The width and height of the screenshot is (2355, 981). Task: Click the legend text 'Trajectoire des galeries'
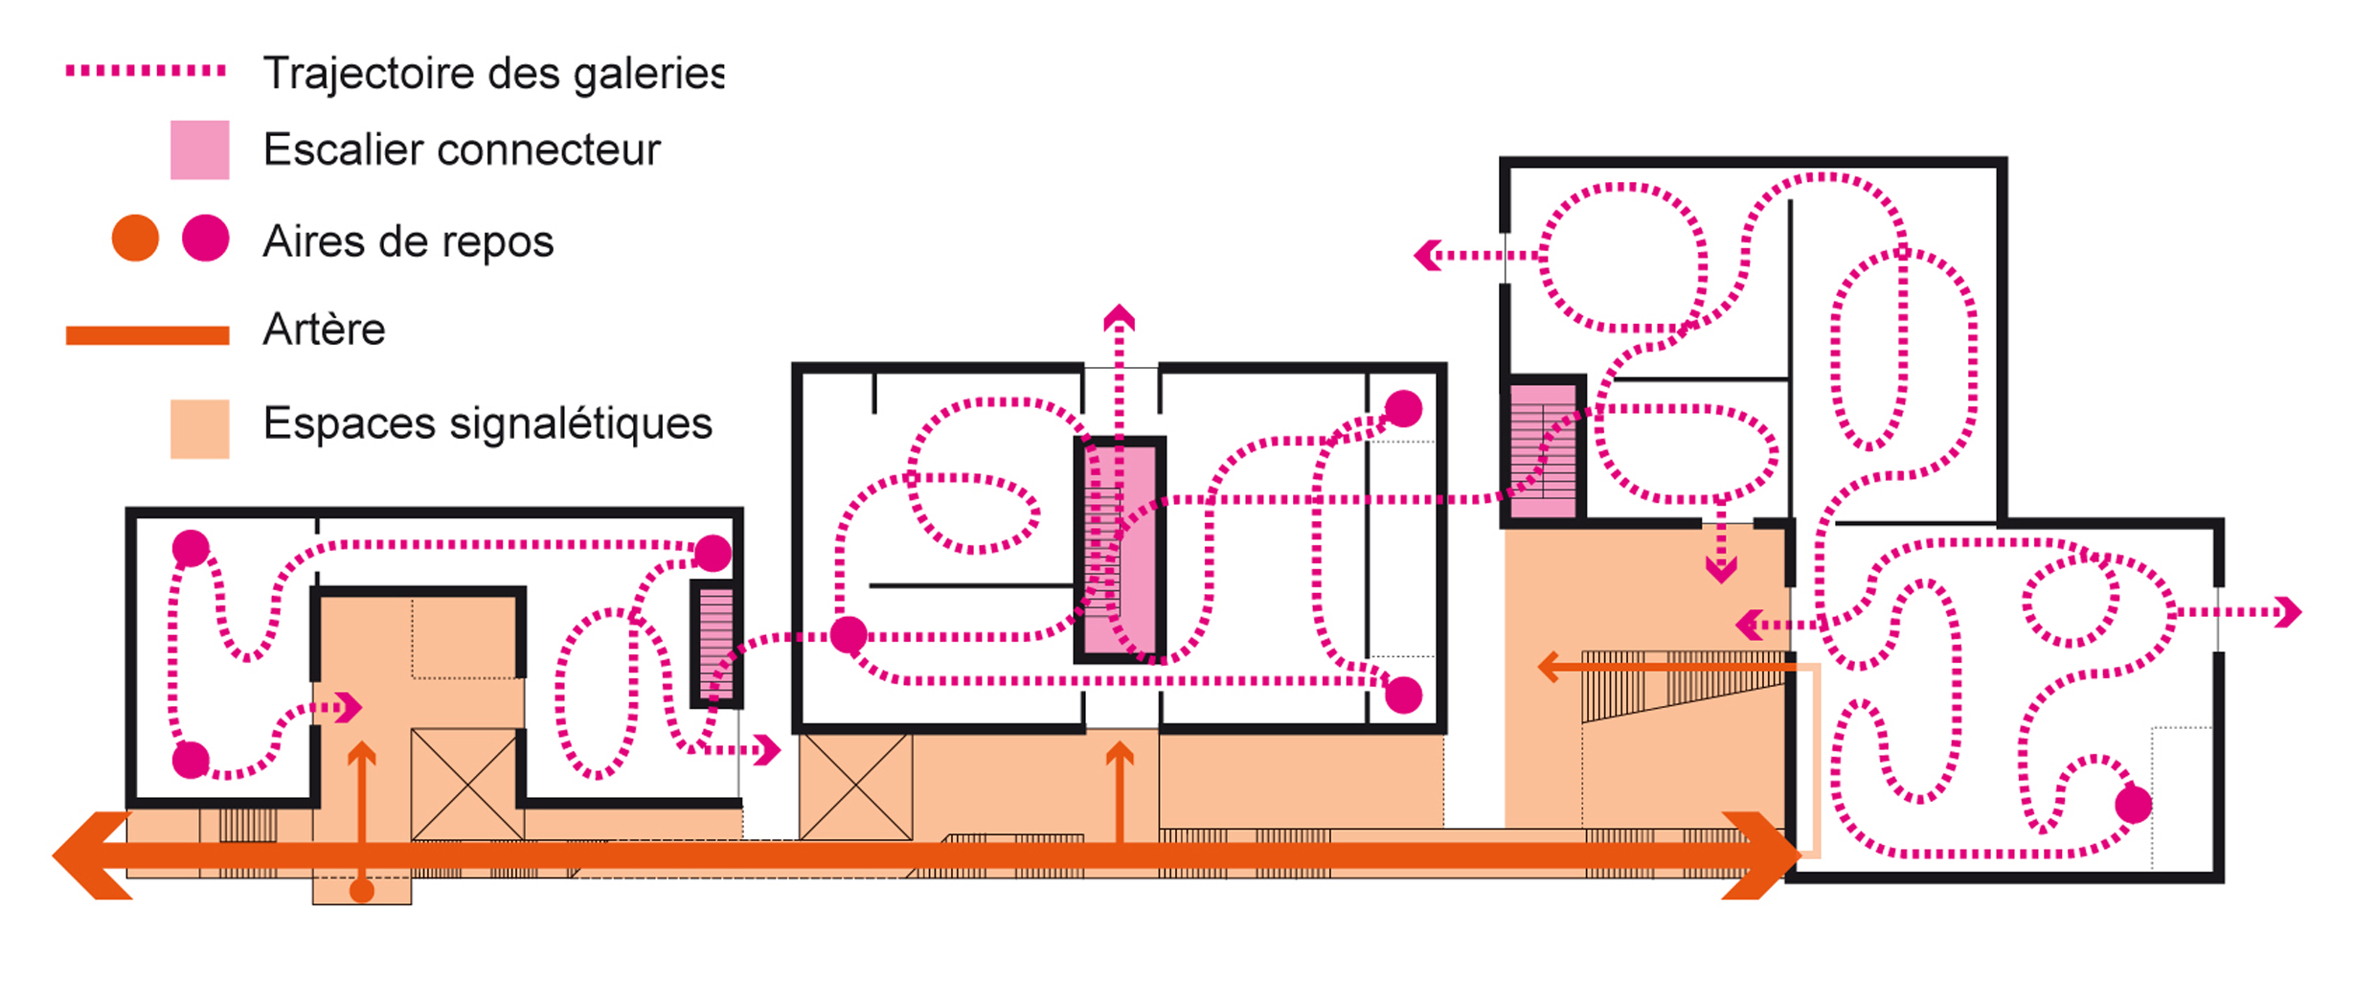click(493, 74)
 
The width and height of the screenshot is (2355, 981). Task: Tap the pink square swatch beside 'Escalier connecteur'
click(200, 149)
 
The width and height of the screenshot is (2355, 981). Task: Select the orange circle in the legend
click(135, 239)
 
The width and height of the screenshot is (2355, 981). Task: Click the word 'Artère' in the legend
click(324, 330)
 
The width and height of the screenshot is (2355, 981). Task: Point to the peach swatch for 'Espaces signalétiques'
click(200, 429)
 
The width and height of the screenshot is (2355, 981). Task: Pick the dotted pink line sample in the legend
click(147, 71)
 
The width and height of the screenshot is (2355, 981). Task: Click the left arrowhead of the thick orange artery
click(92, 856)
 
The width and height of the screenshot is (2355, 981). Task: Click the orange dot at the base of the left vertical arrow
click(362, 891)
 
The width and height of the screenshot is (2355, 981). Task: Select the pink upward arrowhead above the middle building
click(1119, 318)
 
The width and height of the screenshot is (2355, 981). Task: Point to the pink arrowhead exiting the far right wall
click(2289, 612)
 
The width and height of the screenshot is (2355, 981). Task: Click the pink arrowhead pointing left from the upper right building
click(1428, 256)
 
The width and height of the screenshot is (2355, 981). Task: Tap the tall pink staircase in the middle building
click(1120, 550)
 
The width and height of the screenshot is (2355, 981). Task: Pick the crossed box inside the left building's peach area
click(467, 785)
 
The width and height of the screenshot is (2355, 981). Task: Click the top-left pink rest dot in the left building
click(191, 548)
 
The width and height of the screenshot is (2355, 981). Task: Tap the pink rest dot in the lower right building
click(2134, 805)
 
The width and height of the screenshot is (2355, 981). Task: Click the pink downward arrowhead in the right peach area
click(1721, 571)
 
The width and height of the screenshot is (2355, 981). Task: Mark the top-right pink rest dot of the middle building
click(1403, 408)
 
